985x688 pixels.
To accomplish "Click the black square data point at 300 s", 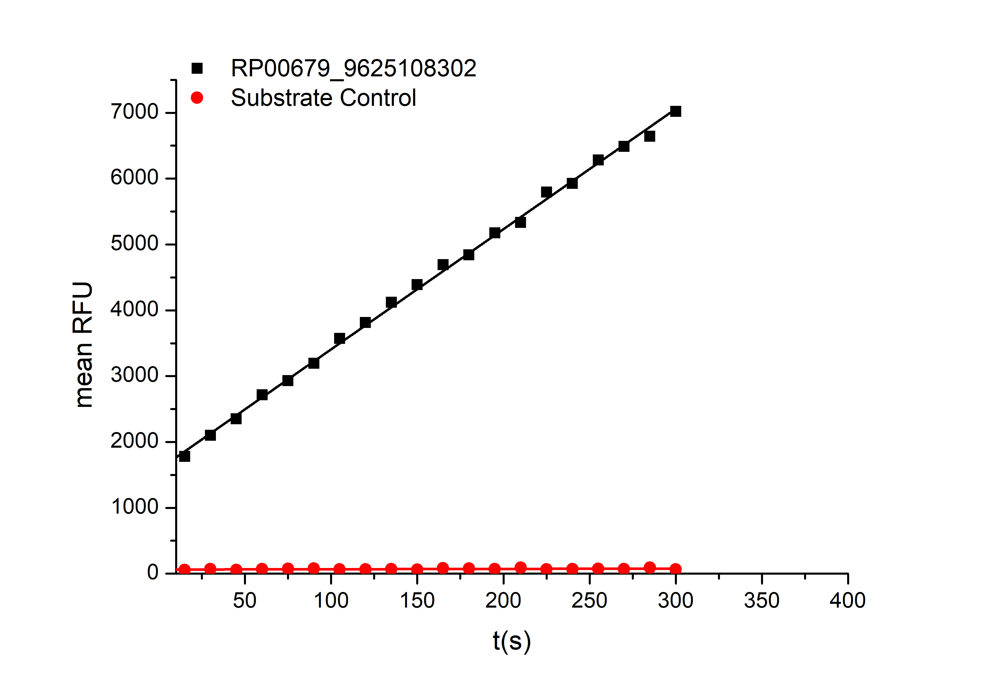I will pos(676,112).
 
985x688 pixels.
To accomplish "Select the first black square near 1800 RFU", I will pos(184,456).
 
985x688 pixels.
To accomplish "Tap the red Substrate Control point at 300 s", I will pos(676,569).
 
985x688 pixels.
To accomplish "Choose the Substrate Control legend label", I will pos(323,98).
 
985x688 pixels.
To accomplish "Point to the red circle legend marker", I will pos(197,98).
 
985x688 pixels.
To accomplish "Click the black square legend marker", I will pos(197,68).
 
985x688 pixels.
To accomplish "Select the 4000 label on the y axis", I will pos(135,309).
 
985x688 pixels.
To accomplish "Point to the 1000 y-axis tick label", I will pos(135,507).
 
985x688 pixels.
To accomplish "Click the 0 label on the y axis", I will pos(153,573).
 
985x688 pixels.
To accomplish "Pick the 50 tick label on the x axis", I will pos(245,600).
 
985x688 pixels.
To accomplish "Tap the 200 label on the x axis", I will pos(503,600).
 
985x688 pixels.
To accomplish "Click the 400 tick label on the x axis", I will pos(848,600).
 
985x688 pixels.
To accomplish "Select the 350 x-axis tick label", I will pos(762,600).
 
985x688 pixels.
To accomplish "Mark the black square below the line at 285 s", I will pos(649,137).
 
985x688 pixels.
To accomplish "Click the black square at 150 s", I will pos(417,285).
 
